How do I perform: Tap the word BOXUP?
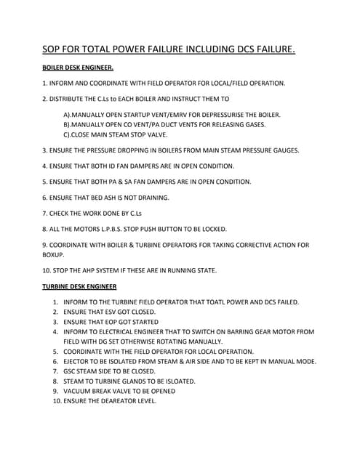[54, 255]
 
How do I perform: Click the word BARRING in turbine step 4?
[251, 331]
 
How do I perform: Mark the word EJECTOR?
[79, 361]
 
